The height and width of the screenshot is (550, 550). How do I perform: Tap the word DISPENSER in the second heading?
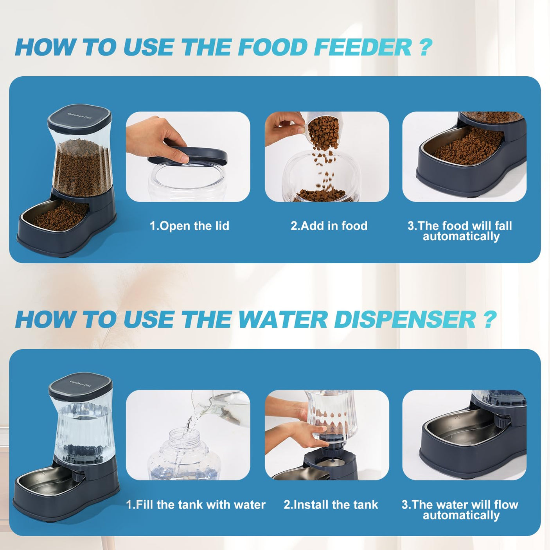click(405, 320)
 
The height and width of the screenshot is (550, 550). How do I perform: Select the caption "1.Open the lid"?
click(189, 226)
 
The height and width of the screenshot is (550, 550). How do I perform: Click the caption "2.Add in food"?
click(329, 226)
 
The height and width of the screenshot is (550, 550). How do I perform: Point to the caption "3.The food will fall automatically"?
click(460, 231)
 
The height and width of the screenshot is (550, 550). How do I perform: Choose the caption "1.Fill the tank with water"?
click(196, 505)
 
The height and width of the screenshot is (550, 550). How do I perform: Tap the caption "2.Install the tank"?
click(331, 505)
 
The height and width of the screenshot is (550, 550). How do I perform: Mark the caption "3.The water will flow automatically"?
click(460, 510)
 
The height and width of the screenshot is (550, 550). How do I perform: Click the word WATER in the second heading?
click(282, 320)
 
